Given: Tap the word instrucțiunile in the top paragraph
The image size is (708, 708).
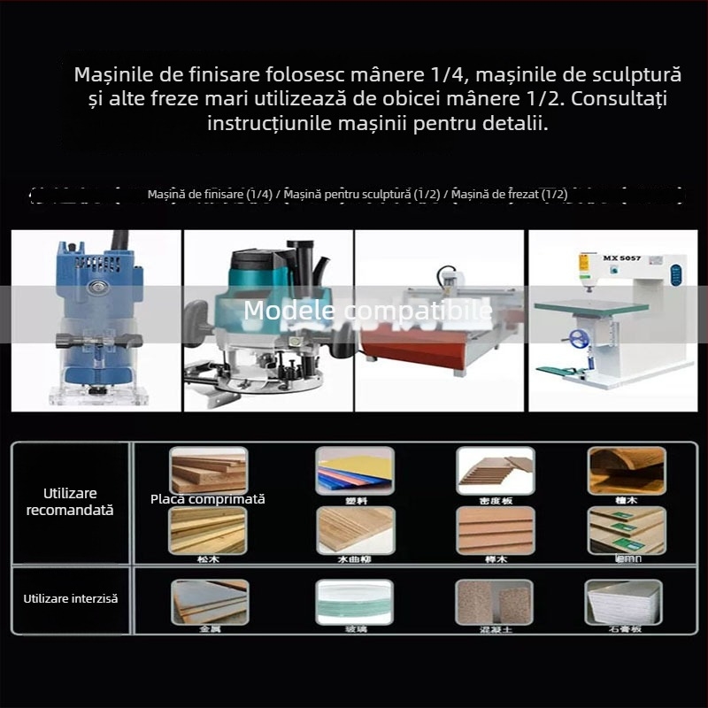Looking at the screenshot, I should [x=269, y=123].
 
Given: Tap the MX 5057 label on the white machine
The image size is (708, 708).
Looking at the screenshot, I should [x=616, y=258].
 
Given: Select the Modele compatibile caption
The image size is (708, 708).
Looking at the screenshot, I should [x=367, y=311].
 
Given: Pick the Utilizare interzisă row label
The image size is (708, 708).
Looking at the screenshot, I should [x=70, y=599].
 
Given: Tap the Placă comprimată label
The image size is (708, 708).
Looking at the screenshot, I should [x=208, y=499].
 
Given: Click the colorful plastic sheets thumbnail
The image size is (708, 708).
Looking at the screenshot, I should [x=355, y=470].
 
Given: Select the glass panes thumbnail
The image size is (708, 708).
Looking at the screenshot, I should [x=355, y=602].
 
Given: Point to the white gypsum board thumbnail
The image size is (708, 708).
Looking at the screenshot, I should [x=623, y=602].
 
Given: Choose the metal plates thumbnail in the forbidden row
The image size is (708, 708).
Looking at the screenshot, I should [x=209, y=602].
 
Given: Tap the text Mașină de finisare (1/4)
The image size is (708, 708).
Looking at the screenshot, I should [x=210, y=194].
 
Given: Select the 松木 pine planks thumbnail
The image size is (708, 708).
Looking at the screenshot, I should [x=209, y=529].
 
